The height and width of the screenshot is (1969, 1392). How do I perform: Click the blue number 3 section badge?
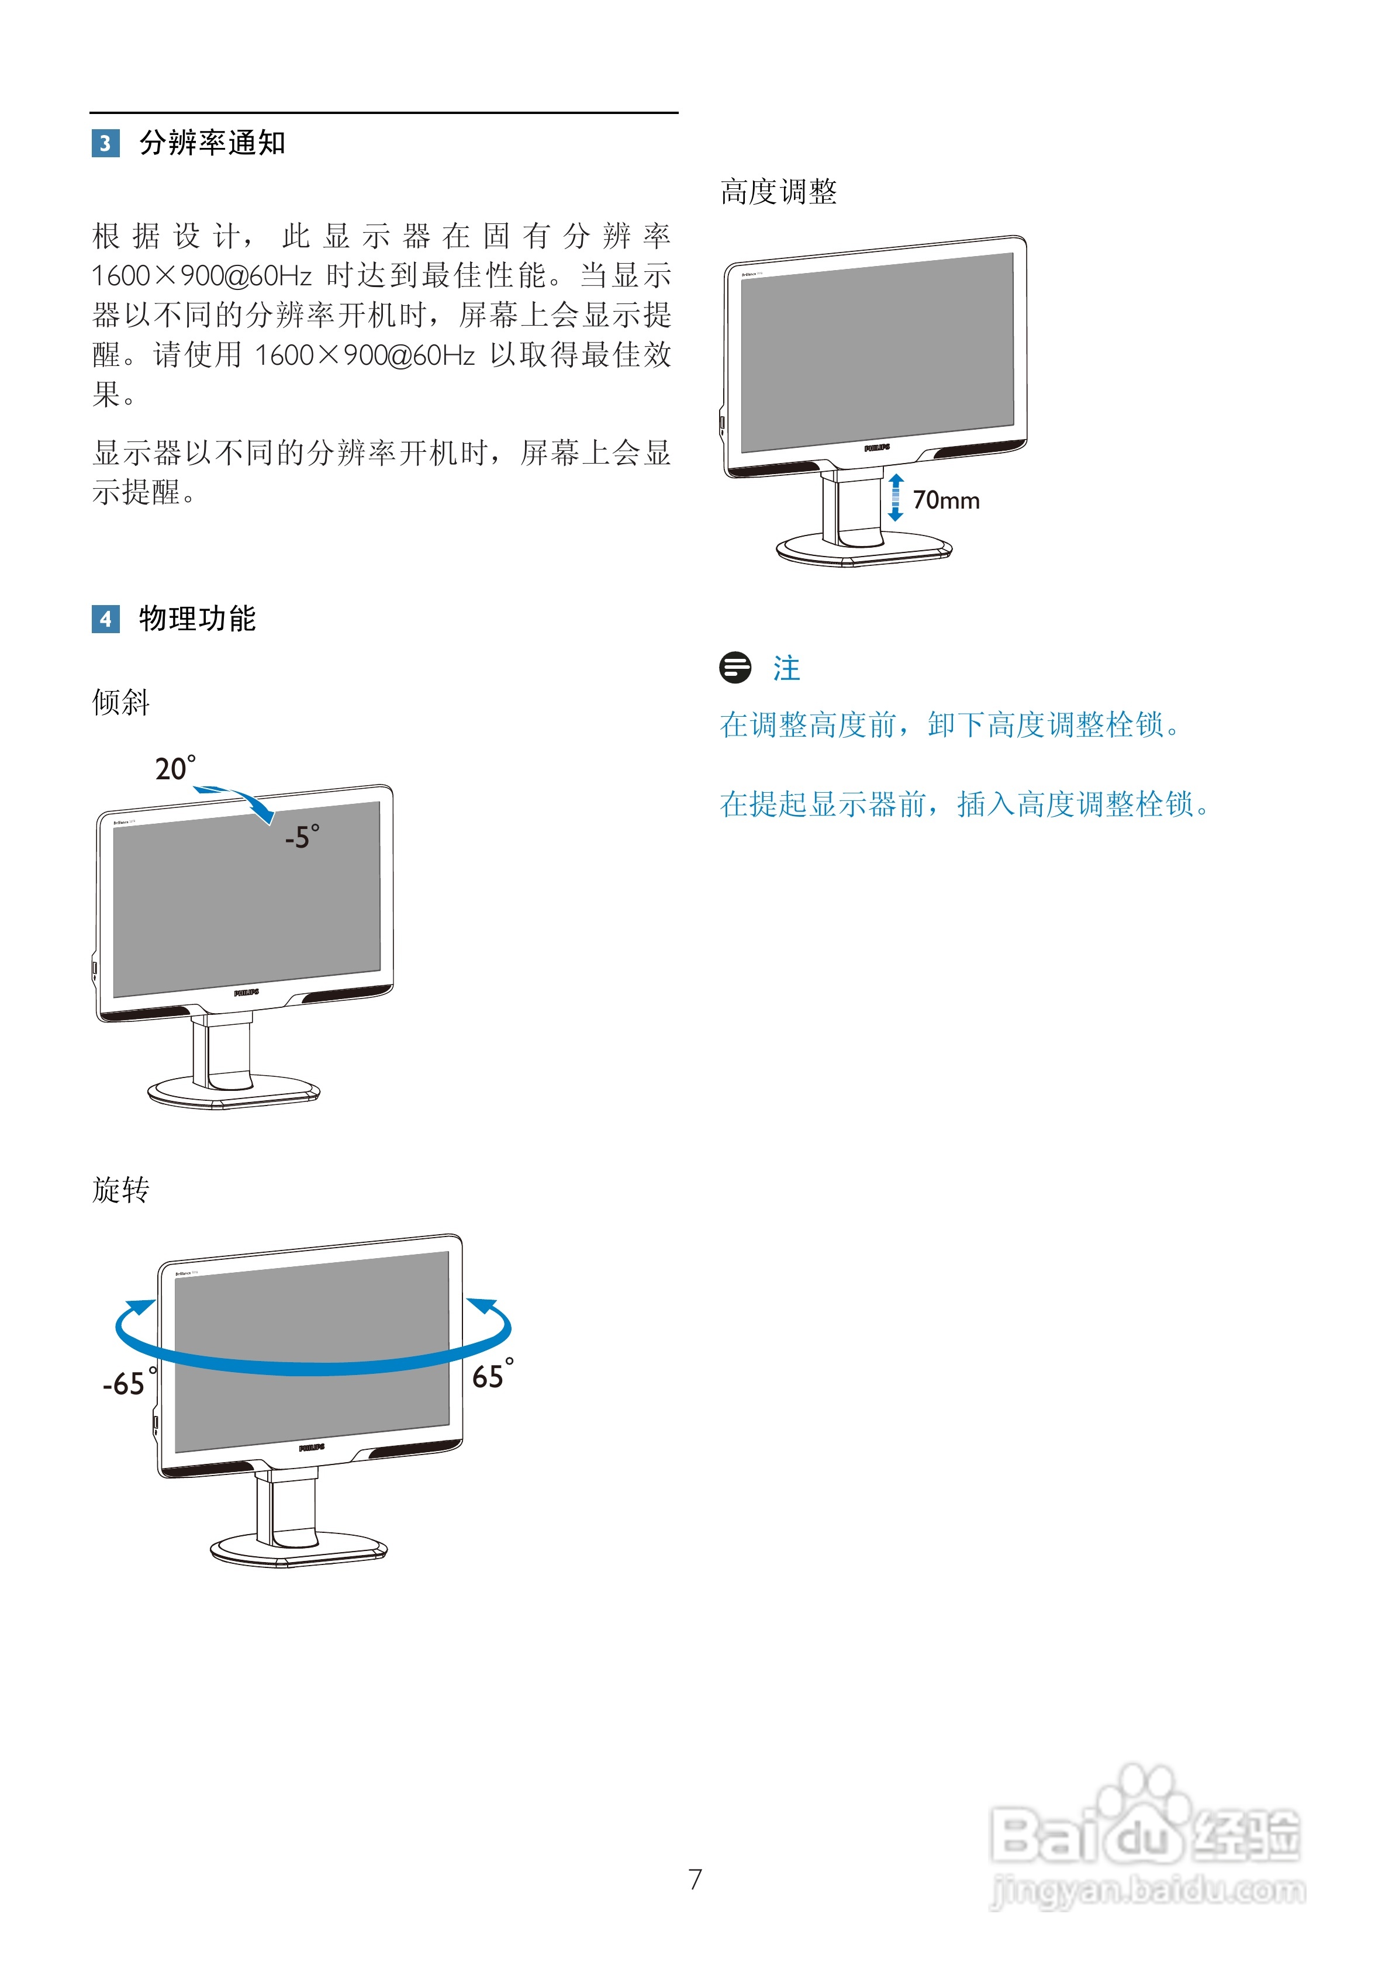(105, 143)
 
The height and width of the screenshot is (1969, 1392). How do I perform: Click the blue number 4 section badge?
(105, 619)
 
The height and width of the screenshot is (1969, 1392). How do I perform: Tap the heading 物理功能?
(197, 619)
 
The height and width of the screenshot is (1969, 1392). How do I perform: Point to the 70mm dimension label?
(945, 500)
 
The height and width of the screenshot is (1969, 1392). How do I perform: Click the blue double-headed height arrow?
(896, 498)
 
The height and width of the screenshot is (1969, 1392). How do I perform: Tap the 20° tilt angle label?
(175, 768)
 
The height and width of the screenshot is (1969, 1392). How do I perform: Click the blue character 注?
(786, 668)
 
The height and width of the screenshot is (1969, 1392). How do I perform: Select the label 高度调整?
(778, 191)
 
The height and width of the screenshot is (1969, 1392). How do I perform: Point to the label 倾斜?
(121, 702)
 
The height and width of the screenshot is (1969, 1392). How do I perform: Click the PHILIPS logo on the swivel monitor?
(312, 1448)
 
